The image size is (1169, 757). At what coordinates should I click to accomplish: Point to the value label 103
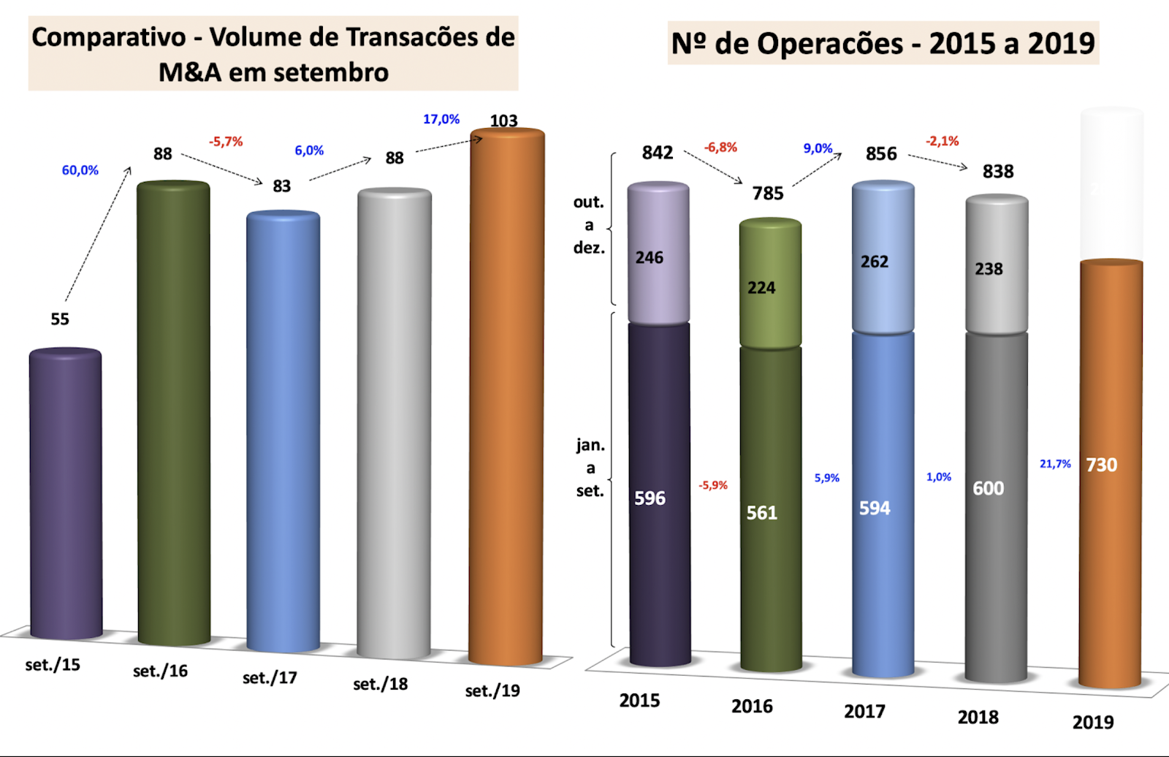[503, 121]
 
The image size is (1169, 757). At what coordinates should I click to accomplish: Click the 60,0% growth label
[80, 170]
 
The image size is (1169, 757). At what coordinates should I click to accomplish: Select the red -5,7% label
[226, 142]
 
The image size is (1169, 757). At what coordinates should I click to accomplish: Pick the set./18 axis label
[380, 685]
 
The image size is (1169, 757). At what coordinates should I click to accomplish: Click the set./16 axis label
[160, 672]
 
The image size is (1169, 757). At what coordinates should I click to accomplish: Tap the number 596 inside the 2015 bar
[650, 498]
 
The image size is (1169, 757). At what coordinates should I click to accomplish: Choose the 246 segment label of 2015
[649, 258]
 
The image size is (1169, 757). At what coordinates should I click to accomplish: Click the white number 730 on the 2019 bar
[1101, 465]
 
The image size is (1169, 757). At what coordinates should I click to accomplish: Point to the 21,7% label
[1055, 464]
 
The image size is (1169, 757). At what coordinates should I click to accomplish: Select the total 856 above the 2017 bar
[881, 154]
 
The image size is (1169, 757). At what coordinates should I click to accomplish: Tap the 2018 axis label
[978, 718]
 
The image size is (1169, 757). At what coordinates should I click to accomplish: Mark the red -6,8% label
[720, 148]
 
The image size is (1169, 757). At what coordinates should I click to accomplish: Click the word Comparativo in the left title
[109, 37]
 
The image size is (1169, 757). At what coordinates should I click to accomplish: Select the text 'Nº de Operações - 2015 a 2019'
[883, 44]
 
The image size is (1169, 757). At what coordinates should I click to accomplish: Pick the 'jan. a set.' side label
[590, 468]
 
